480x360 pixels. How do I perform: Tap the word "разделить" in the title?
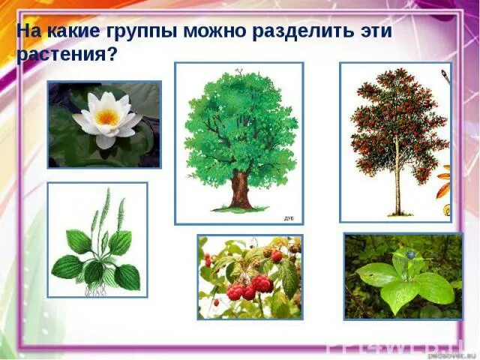click(297, 34)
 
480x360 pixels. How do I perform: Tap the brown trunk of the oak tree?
click(240, 187)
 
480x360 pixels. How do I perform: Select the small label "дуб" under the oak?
click(288, 217)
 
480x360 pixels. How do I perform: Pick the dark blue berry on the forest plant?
click(410, 255)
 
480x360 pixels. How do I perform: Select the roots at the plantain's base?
click(96, 289)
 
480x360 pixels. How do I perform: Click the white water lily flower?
click(107, 118)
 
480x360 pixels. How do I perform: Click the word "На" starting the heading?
click(28, 34)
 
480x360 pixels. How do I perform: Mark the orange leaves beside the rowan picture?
click(444, 184)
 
